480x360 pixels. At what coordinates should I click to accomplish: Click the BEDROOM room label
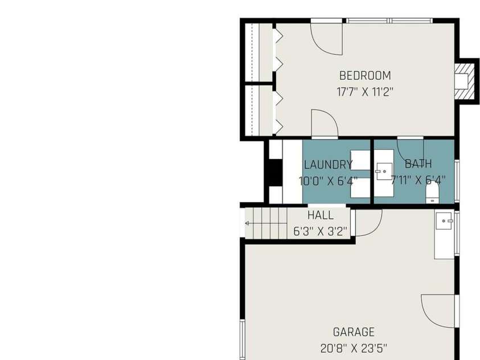point(365,75)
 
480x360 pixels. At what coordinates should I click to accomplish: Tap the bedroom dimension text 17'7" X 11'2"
point(365,92)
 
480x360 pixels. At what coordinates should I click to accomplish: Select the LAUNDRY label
point(328,165)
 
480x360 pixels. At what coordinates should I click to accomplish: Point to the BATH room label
point(418,164)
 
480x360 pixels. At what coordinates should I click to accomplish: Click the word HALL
point(321,215)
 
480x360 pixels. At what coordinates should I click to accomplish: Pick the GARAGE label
point(354,332)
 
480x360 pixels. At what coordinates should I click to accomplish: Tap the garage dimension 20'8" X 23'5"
point(354,348)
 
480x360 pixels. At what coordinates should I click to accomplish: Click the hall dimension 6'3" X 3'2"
point(320,231)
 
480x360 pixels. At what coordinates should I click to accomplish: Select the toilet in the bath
point(432,193)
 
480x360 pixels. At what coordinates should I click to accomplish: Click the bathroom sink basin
point(384,171)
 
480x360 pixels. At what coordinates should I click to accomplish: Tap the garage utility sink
point(444,220)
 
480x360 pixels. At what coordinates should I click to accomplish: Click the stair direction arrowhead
point(247,223)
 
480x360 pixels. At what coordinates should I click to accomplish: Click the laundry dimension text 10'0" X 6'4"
point(328,181)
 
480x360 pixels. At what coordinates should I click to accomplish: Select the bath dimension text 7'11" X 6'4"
point(418,180)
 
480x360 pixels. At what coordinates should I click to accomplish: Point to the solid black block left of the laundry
point(276,173)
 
